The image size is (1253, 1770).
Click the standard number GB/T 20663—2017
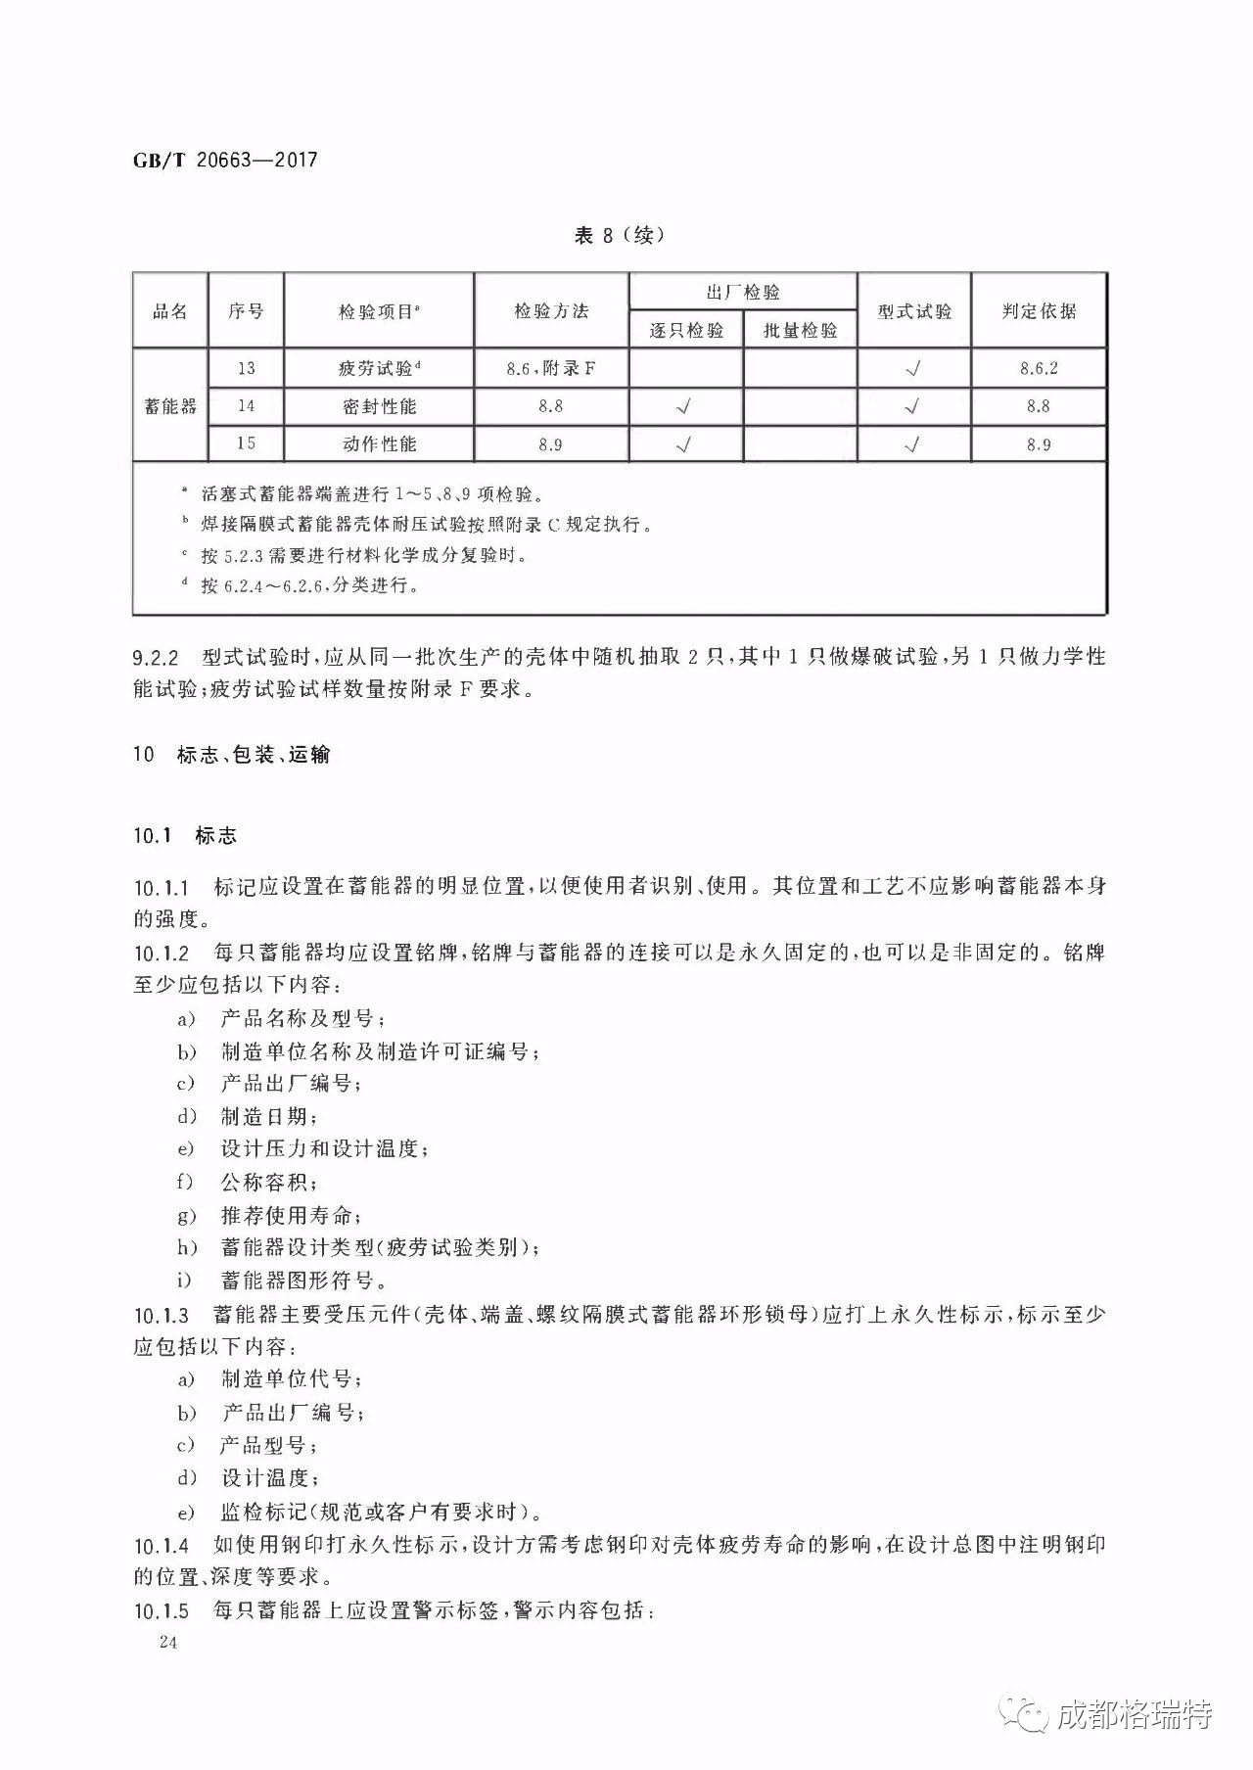[225, 160]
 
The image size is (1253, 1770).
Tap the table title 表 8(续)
[619, 236]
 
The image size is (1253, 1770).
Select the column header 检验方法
[551, 311]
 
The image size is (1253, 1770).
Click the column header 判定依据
[1039, 311]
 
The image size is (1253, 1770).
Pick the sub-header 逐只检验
[686, 330]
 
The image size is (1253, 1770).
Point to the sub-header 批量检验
[800, 330]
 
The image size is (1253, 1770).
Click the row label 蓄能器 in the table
[170, 405]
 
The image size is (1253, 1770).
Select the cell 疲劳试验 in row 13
[379, 368]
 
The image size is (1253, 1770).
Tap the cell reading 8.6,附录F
[551, 368]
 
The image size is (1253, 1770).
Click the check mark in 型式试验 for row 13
[913, 369]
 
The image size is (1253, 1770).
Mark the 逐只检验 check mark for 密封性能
[685, 406]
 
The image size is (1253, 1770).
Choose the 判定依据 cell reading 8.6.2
[1039, 368]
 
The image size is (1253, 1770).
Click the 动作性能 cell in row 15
[379, 443]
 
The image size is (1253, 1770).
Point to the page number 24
[166, 1643]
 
